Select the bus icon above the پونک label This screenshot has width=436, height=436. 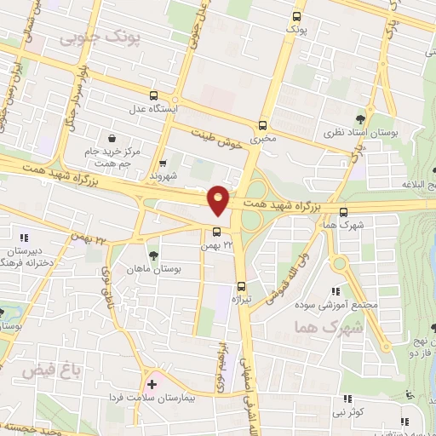296,17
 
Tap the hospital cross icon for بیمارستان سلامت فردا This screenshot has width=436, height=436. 152,385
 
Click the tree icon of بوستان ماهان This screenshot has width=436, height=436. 153,254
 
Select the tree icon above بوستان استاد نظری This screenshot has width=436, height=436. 361,119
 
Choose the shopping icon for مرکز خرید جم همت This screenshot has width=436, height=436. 112,137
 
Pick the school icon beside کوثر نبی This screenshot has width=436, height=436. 347,399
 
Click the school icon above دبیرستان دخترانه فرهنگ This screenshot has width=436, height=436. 25,238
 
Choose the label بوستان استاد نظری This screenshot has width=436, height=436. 361,134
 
